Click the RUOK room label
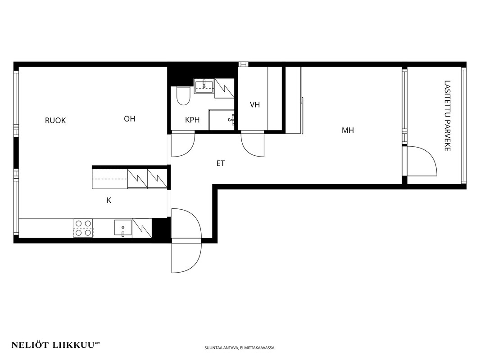click(x=55, y=121)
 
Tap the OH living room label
click(x=130, y=119)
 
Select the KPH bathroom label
click(x=192, y=120)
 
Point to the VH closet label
click(x=255, y=104)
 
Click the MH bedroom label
click(x=348, y=130)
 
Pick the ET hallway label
click(x=220, y=163)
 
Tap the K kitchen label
click(x=109, y=200)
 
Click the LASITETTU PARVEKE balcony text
click(x=447, y=116)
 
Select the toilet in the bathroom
click(x=183, y=95)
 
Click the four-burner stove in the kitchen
click(x=83, y=228)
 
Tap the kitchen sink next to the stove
click(x=123, y=228)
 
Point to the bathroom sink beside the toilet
click(x=204, y=86)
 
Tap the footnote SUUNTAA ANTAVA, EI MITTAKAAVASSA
click(x=240, y=348)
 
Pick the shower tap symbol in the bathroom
click(x=232, y=120)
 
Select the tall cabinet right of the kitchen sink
click(x=142, y=228)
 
